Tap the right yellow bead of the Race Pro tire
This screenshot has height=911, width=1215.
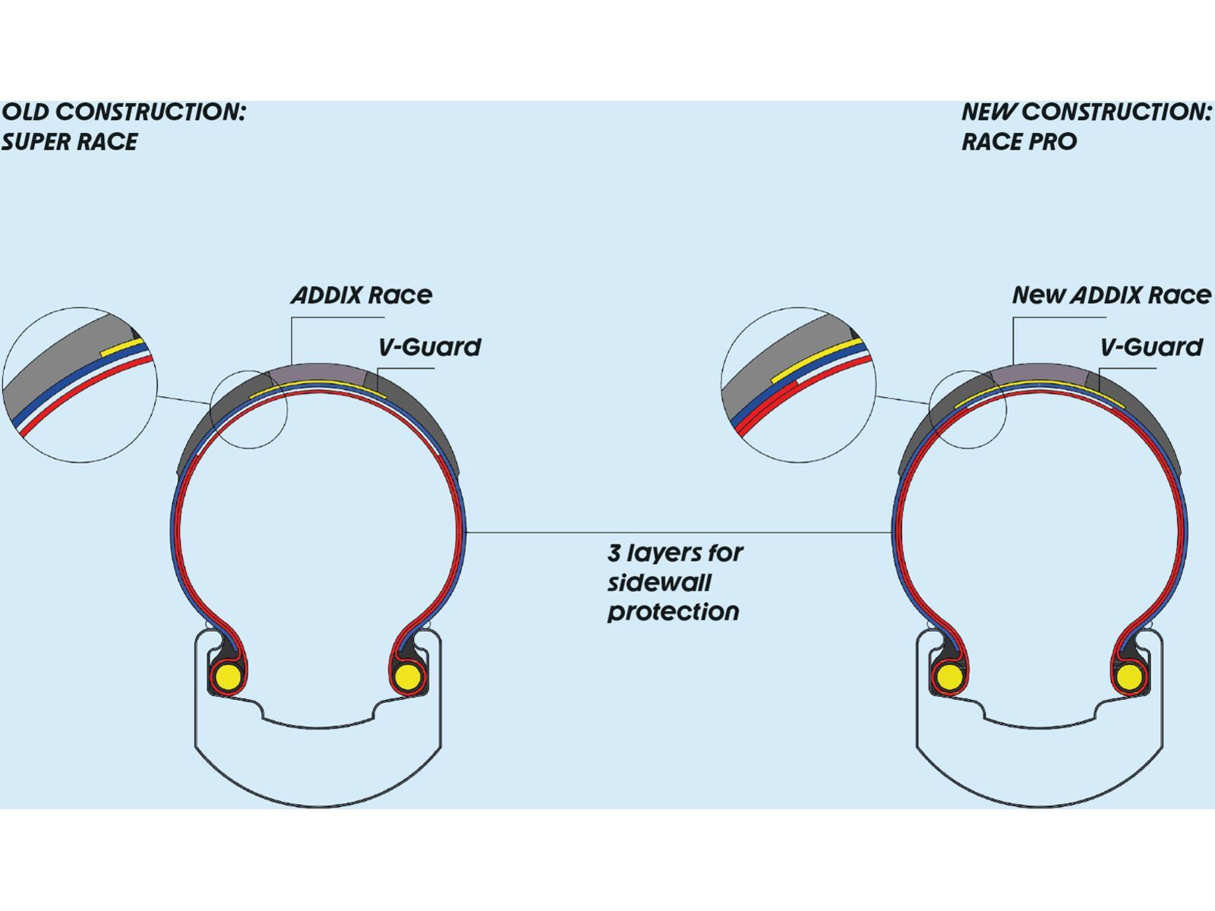pos(1129,676)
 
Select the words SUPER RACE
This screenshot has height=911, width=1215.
pos(70,142)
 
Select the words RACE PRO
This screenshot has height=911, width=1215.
pos(1019,142)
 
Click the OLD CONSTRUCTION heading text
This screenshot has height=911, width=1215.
pos(124,112)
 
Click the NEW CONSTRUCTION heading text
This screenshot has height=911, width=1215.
pos(1086,112)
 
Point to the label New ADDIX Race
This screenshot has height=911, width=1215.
pos(1111,295)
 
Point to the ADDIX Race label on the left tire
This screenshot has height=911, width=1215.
pos(361,295)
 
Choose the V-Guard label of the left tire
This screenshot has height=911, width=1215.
pos(430,348)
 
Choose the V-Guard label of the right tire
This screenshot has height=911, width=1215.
pos(1151,348)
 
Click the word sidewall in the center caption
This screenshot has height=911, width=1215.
pos(659,583)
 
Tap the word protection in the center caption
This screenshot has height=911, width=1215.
pos(673,612)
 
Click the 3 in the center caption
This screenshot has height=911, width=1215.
pos(614,553)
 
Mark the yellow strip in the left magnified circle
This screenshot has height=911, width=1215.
pos(121,348)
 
